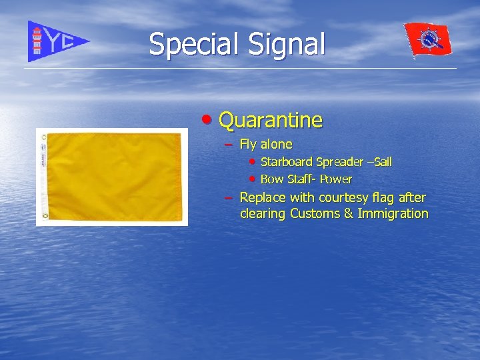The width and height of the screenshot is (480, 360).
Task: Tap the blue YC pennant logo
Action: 56,41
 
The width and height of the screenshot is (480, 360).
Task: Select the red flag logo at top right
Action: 428,40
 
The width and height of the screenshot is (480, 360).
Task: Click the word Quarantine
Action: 270,121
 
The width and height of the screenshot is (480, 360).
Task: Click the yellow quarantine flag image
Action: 112,177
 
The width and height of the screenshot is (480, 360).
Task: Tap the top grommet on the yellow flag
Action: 44,137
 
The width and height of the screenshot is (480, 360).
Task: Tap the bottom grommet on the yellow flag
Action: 44,216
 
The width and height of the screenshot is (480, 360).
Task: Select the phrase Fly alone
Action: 265,144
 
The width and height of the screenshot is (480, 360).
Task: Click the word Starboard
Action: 287,162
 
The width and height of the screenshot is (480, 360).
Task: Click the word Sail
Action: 383,162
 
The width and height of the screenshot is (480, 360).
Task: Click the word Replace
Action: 262,197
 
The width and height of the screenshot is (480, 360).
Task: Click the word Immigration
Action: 393,214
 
